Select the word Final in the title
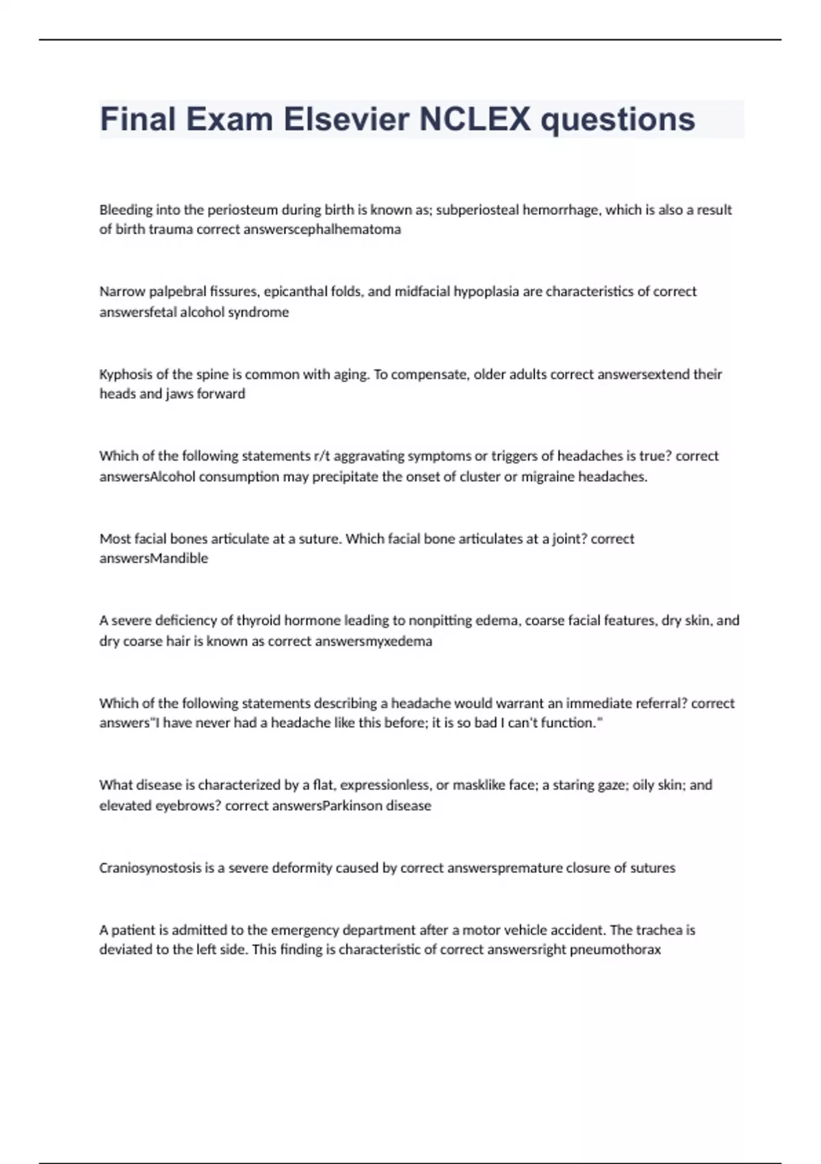pyautogui.click(x=138, y=119)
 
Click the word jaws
pyautogui.click(x=180, y=394)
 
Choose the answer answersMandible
pyautogui.click(x=154, y=559)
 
